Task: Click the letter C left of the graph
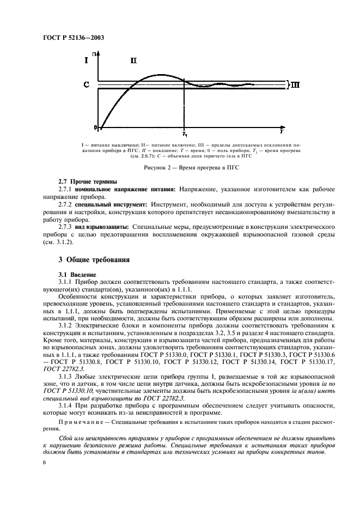[x=86, y=85]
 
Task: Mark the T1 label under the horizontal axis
[x=185, y=133]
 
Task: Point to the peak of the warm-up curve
[x=159, y=75]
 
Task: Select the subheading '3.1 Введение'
[x=77, y=274]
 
